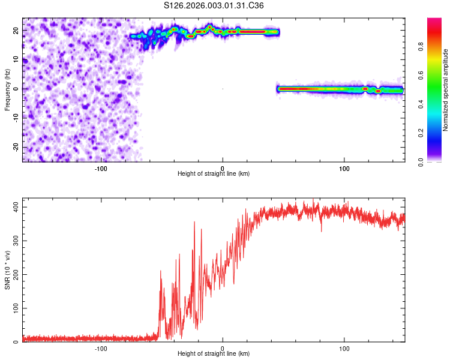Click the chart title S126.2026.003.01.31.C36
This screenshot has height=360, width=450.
214,5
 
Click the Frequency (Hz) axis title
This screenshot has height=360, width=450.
7,89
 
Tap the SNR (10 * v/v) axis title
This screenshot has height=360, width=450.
7,270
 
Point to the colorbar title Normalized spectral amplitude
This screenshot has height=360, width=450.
446,91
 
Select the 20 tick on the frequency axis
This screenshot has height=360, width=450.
17,30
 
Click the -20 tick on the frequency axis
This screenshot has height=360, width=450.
16,147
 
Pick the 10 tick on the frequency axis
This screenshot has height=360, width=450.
17,59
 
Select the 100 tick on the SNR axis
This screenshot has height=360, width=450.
14,308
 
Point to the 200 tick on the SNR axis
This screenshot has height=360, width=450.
14,274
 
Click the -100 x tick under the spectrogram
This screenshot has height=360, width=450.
101,169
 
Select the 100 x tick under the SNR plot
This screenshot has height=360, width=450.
344,349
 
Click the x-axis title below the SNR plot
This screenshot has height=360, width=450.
214,355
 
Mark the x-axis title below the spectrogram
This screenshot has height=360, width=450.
214,174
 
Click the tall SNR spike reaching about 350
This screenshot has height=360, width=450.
194,223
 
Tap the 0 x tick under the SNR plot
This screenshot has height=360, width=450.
223,349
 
